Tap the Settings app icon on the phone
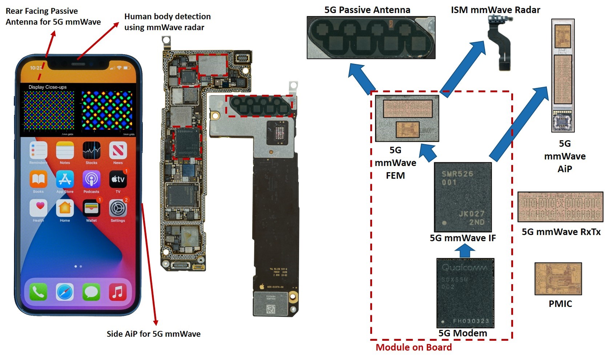[x=118, y=208]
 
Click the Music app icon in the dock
[x=118, y=292]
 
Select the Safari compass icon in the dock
[x=65, y=292]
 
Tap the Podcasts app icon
[x=91, y=179]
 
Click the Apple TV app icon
[x=118, y=179]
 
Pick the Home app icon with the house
[x=65, y=208]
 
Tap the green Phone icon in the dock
[x=38, y=292]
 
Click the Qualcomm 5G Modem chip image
[x=465, y=293]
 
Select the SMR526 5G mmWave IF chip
[x=463, y=197]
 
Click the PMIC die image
[x=558, y=279]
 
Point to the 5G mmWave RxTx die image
[x=560, y=207]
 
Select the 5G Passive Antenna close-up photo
[x=371, y=37]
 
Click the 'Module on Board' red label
[x=414, y=347]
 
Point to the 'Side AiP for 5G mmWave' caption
[x=153, y=334]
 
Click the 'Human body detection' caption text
[x=167, y=22]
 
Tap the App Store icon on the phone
[x=65, y=179]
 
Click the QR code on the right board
[x=271, y=309]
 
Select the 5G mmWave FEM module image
[x=407, y=118]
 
